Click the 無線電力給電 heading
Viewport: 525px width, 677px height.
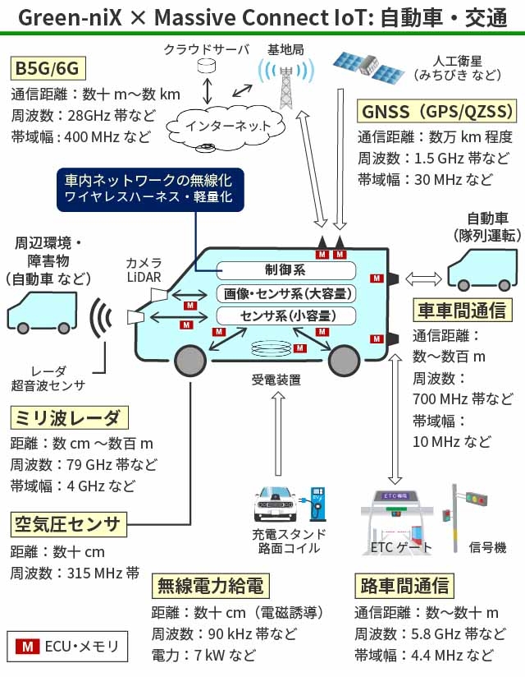(210, 587)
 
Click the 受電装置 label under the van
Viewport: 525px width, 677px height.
(276, 380)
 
